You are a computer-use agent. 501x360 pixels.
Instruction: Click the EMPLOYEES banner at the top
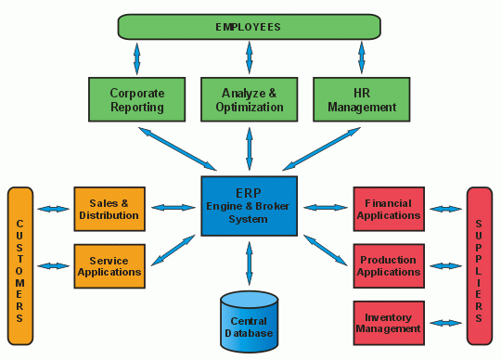point(250,27)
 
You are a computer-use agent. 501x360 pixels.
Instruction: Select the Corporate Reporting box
point(136,100)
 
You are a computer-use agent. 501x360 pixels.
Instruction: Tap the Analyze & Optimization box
point(249,100)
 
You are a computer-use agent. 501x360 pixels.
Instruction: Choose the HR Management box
point(362,100)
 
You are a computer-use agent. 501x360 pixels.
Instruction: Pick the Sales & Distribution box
point(109,209)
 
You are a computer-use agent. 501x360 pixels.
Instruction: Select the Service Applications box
point(109,266)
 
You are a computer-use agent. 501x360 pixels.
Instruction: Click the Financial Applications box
point(388,209)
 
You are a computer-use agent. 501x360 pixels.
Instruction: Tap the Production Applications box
point(388,266)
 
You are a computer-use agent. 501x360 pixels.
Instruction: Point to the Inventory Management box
point(388,322)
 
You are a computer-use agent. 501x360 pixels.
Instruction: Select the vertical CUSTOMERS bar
point(20,266)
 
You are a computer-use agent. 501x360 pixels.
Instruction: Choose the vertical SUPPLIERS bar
point(479,266)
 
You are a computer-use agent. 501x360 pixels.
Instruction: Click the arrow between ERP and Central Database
point(249,264)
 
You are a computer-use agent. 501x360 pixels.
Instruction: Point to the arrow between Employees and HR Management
point(361,58)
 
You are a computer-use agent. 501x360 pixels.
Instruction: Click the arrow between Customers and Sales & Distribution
point(54,209)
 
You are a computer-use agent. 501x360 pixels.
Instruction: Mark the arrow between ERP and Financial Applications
point(324,208)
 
